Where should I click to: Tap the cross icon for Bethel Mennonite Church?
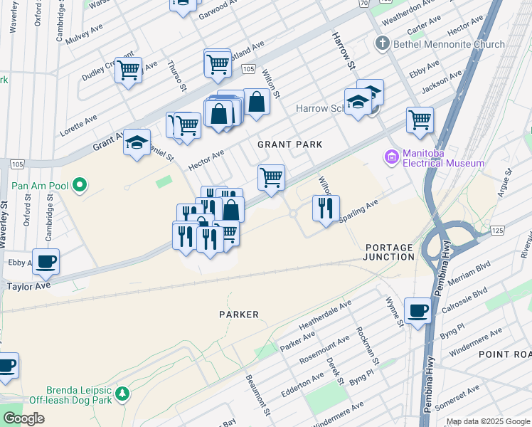click(382, 44)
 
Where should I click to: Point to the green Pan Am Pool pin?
click(80, 187)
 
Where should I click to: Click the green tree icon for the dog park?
click(122, 393)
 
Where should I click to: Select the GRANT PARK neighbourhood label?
click(289, 144)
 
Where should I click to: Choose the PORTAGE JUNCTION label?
click(389, 252)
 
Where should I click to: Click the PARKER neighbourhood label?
click(238, 314)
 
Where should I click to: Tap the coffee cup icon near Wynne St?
click(417, 310)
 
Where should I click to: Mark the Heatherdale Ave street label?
click(325, 315)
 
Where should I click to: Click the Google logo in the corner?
click(23, 418)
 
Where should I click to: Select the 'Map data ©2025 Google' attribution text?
click(487, 421)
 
